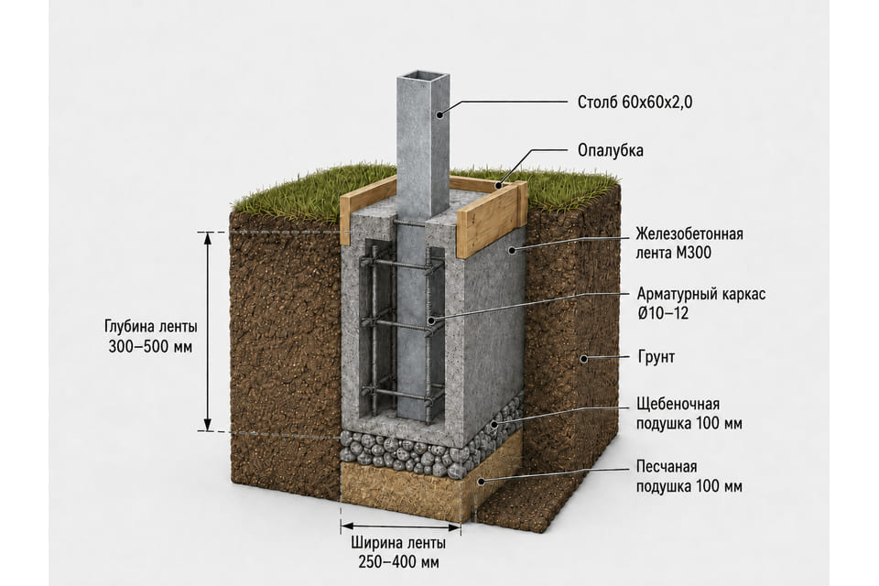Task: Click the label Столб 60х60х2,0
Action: pos(635,102)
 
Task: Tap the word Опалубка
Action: pos(611,150)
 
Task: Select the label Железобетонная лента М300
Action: pos(689,243)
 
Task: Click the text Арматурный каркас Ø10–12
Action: pos(701,303)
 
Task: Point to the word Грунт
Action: pos(657,357)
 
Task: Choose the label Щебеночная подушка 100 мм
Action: pos(689,413)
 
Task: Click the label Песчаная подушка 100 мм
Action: pos(689,476)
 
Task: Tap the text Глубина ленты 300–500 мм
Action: pos(151,336)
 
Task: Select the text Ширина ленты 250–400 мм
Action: pos(398,552)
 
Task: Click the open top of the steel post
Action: pos(424,77)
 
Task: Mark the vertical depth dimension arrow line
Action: pos(208,331)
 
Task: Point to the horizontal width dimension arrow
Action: pos(401,526)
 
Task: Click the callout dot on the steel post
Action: pos(439,114)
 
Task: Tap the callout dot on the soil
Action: pos(583,358)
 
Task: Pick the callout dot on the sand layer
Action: pos(481,481)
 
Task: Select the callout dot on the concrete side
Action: pos(511,251)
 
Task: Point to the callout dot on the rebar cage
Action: pos(431,320)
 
